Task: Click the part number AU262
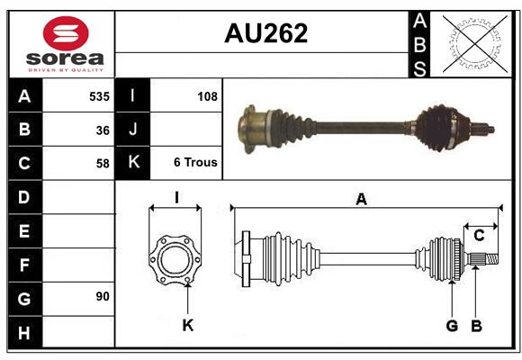265,34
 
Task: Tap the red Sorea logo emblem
65,35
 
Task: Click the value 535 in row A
98,95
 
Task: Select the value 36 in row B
102,130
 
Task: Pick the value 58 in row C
102,164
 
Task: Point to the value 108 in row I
206,95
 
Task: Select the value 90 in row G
102,296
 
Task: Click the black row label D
24,196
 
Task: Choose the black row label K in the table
133,163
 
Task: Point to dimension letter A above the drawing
361,200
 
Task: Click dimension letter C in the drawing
479,236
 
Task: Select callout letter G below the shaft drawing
452,325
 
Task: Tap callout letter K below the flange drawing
187,325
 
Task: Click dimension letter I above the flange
176,197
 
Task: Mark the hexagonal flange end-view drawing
176,257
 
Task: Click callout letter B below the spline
476,325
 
